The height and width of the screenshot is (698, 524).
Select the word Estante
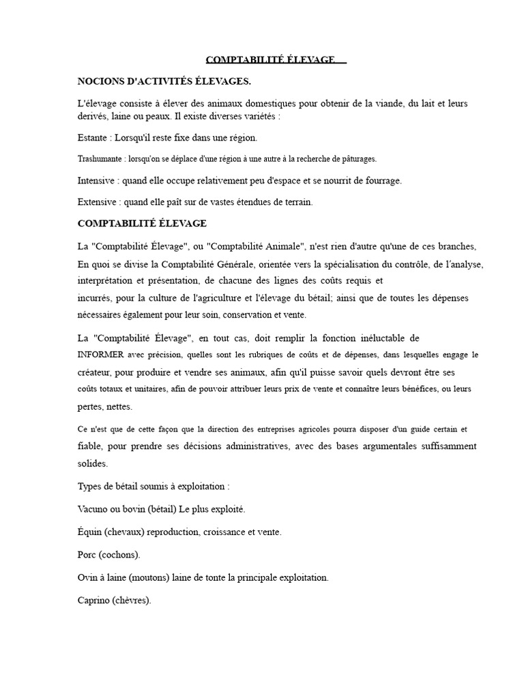(x=93, y=138)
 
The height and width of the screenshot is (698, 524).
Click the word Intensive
(x=96, y=181)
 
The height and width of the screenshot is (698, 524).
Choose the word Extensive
(x=98, y=202)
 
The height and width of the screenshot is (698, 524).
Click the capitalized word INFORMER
(x=101, y=355)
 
